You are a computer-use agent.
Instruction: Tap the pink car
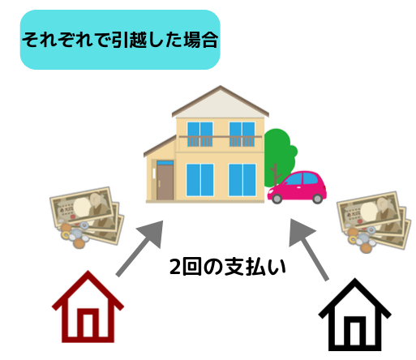[x=297, y=187]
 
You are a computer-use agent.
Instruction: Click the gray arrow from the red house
[x=139, y=248]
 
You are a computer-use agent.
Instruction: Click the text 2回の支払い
[x=228, y=267]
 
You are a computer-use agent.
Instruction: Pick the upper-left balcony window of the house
[x=200, y=135]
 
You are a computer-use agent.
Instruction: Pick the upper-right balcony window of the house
[x=242, y=135]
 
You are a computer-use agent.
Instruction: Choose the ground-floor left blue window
[x=200, y=180]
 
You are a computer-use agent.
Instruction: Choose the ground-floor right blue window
[x=242, y=180]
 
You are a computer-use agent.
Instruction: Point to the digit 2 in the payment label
[x=175, y=267]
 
